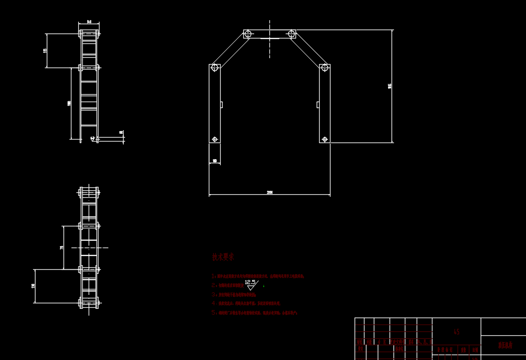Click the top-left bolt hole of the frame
click(248, 34)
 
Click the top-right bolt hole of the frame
click(291, 34)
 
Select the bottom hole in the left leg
click(215, 139)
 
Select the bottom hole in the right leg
click(324, 139)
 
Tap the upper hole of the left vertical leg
click(215, 68)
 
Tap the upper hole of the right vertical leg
click(324, 68)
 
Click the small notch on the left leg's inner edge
click(222, 104)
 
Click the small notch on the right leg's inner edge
click(318, 104)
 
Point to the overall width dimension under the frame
click(269, 192)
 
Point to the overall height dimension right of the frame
click(390, 86)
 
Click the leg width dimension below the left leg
click(215, 161)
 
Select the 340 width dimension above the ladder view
click(89, 22)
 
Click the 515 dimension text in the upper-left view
click(45, 50)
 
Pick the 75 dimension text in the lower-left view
click(62, 248)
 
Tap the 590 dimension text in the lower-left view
click(33, 286)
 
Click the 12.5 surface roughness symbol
click(251, 284)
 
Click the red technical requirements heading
click(223, 257)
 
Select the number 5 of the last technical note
click(214, 312)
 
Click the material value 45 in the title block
click(456, 332)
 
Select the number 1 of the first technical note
click(214, 276)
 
